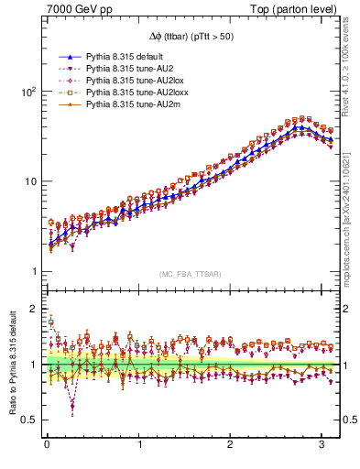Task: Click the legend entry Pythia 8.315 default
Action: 125,57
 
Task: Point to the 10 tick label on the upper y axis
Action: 30,180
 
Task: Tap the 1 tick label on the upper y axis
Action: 33,270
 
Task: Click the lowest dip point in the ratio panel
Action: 72,407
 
